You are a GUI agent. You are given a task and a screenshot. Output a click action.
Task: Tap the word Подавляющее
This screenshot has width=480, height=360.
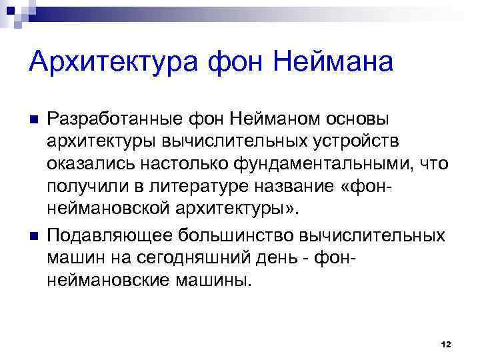tap(111, 237)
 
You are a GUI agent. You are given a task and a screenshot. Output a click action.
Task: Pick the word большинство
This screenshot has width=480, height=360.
tap(234, 237)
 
